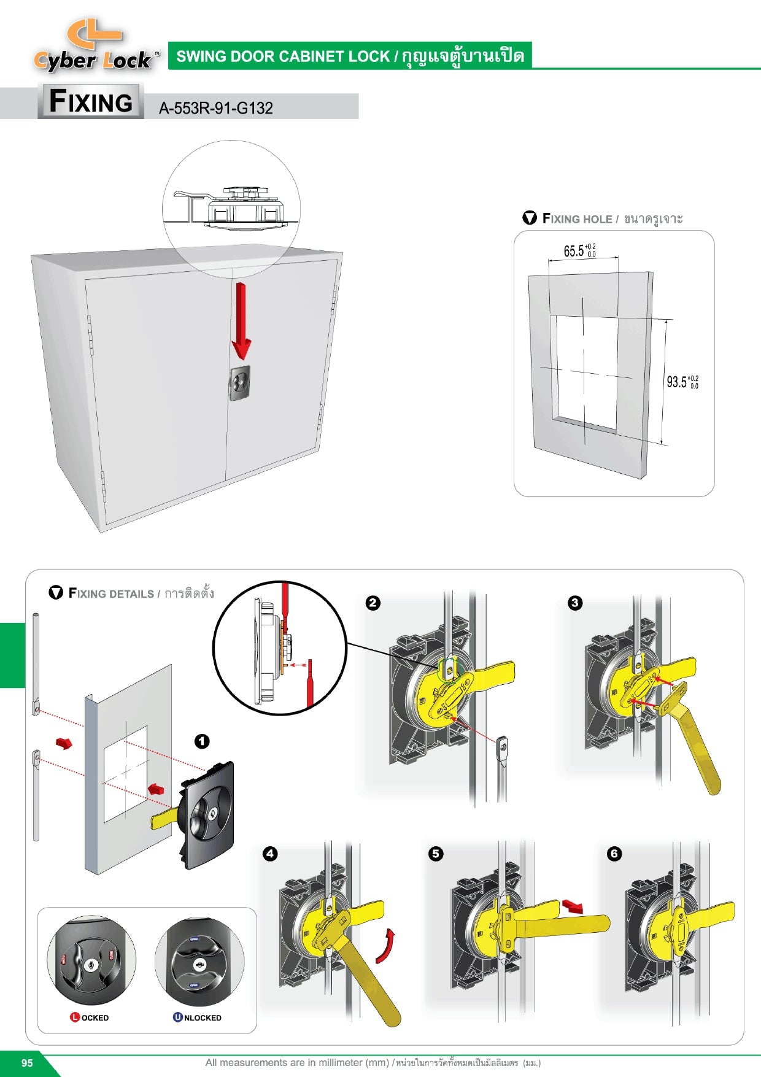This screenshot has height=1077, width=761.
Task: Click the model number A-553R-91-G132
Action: point(215,108)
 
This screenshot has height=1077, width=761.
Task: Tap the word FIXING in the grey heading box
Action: point(91,101)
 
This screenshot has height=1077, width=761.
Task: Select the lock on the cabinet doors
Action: point(239,383)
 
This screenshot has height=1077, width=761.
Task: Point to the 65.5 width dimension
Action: point(579,250)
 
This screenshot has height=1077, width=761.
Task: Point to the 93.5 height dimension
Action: point(682,382)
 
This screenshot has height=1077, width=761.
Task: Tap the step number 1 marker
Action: point(202,741)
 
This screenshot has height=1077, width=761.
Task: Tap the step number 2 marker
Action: point(373,603)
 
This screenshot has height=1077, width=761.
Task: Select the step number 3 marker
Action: point(574,603)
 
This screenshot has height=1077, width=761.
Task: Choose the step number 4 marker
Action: point(269,854)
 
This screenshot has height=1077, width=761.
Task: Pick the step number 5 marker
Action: point(435,854)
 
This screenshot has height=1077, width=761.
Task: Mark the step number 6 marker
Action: point(614,854)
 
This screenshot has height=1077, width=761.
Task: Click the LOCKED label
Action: point(90,1017)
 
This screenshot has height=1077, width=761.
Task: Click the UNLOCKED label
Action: point(197,1017)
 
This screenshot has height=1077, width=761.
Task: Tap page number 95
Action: point(27,1063)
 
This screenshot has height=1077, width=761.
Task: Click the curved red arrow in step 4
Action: point(385,946)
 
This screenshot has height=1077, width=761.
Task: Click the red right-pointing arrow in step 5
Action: point(573,906)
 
